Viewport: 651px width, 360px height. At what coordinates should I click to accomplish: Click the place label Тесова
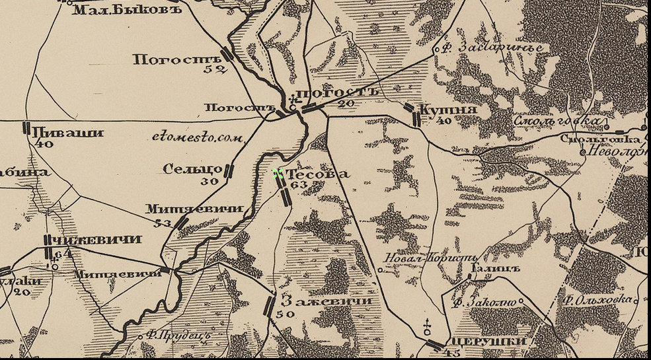click(x=319, y=174)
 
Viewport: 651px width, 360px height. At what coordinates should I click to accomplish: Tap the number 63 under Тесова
click(x=299, y=186)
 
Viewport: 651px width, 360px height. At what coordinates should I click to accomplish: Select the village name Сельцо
click(x=192, y=169)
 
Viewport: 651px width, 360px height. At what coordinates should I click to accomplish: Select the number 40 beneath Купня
click(x=443, y=121)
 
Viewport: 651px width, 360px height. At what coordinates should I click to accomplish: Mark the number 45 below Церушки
click(x=453, y=353)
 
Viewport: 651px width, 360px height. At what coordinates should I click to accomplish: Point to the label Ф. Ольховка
click(x=597, y=300)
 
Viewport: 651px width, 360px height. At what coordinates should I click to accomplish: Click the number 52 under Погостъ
click(x=215, y=69)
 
